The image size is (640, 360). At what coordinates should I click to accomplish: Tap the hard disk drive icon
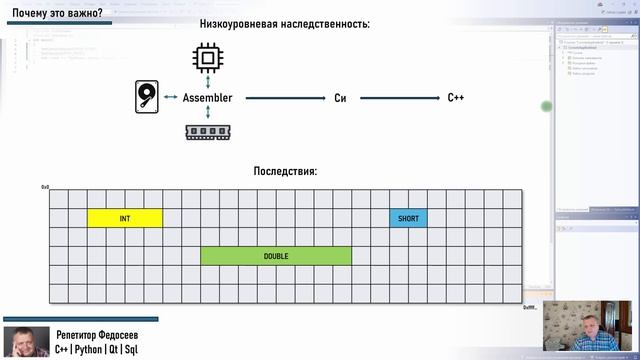click(145, 98)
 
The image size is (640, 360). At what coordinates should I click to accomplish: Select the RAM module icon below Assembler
click(207, 131)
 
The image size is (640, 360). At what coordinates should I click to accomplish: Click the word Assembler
click(208, 98)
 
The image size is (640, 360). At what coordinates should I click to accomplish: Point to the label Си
click(340, 98)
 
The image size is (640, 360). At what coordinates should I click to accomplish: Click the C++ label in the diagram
click(456, 98)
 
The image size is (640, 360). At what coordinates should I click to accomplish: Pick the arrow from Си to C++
click(400, 98)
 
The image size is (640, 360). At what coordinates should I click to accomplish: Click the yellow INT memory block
click(125, 218)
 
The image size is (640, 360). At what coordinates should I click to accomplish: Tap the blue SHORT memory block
click(408, 218)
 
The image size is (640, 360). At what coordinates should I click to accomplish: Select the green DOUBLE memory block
click(276, 256)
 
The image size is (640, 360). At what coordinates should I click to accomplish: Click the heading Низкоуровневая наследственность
click(285, 23)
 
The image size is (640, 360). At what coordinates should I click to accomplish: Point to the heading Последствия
click(285, 172)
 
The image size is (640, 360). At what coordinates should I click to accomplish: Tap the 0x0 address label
click(45, 187)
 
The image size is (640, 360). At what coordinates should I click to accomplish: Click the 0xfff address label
click(530, 307)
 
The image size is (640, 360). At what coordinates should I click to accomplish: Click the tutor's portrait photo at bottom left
click(26, 342)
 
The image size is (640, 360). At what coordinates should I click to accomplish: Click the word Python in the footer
click(100, 351)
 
